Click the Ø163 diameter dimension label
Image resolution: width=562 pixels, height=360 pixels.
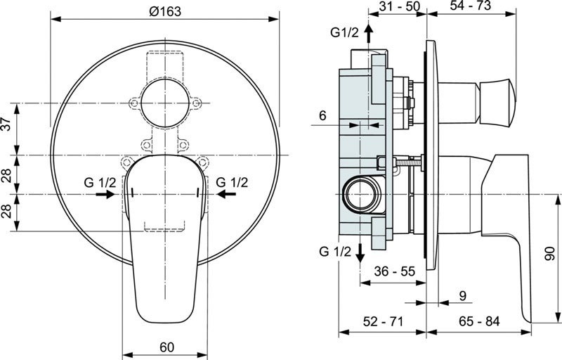coord(165,11)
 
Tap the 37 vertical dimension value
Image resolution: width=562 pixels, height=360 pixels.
coord(7,124)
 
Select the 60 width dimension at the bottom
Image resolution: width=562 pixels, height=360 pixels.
coord(167,347)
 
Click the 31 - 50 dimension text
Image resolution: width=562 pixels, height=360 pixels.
coord(399,6)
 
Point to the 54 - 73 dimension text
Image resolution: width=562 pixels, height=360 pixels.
coord(470,5)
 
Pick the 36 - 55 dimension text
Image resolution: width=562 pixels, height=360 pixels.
coord(394,271)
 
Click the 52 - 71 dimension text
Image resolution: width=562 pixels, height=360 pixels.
coord(383,321)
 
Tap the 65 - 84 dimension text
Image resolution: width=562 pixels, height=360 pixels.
coord(479,321)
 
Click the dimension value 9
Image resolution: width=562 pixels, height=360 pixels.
coord(462,296)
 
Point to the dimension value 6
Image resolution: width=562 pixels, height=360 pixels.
coord(322,115)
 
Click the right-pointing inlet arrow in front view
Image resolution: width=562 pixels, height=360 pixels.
coord(105,194)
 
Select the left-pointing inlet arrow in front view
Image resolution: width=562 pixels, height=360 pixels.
coord(226,194)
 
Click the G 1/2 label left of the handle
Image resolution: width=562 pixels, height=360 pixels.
coord(100,183)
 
